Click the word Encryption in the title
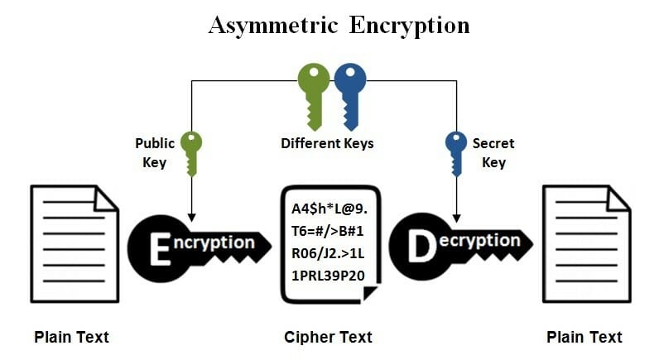tap(408, 25)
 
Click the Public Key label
tap(155, 152)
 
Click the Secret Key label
tap(493, 152)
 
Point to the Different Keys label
tap(327, 143)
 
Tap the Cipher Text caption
tap(328, 337)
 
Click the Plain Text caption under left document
tap(71, 337)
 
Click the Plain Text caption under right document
tap(584, 337)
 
